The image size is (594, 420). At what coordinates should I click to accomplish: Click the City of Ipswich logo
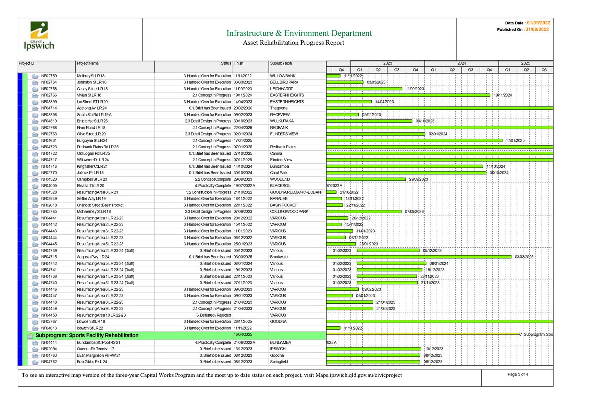coord(39,36)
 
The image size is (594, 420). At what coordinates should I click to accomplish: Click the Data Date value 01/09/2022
coord(539,23)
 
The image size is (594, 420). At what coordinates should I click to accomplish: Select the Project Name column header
coord(88,63)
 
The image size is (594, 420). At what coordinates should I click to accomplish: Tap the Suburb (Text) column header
coord(281,63)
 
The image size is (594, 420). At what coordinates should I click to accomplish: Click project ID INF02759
coord(49,76)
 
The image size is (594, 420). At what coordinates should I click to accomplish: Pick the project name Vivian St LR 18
coord(89,95)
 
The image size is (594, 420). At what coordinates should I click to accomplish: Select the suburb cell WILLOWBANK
coord(283,76)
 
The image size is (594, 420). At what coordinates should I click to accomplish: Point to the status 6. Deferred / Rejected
coord(214,315)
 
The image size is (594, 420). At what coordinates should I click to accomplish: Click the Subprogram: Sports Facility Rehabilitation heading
coord(87,335)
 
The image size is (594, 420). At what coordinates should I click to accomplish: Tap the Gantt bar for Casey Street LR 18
coord(364,89)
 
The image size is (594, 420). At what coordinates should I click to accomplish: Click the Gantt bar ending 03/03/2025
coord(419,257)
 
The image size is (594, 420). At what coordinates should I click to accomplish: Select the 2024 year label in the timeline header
coord(461,63)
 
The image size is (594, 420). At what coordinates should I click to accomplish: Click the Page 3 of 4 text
coord(518,374)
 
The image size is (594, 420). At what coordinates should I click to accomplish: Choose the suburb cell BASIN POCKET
coord(283,205)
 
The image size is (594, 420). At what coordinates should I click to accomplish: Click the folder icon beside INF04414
coord(35,343)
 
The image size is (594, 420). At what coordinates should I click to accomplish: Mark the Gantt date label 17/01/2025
coord(515,141)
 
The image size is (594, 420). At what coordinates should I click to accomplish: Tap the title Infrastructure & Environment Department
coord(299,33)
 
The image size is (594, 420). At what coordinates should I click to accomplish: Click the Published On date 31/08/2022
coord(537,29)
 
